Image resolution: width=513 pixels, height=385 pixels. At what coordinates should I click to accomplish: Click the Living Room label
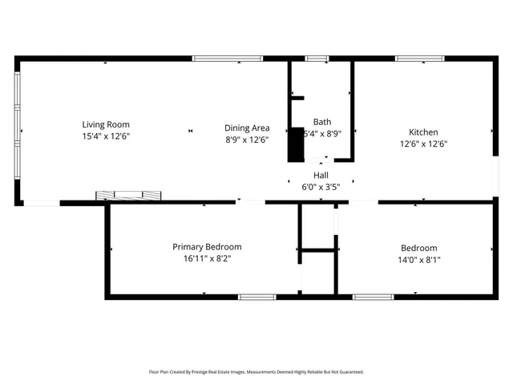pyautogui.click(x=106, y=124)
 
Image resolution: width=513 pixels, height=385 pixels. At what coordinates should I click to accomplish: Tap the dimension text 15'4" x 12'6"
pyautogui.click(x=106, y=136)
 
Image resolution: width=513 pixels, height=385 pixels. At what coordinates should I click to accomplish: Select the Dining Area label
pyautogui.click(x=246, y=128)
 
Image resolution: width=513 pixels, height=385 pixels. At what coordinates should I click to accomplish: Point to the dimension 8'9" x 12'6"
pyautogui.click(x=246, y=140)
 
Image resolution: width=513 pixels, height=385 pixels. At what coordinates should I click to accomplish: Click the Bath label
pyautogui.click(x=321, y=122)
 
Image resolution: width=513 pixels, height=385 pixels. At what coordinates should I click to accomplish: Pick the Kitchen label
pyautogui.click(x=423, y=132)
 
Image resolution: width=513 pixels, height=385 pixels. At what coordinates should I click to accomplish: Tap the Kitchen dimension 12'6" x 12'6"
pyautogui.click(x=423, y=144)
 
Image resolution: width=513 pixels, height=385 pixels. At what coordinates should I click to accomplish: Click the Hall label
pyautogui.click(x=321, y=175)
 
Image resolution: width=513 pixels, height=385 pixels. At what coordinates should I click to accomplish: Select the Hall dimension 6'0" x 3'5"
pyautogui.click(x=321, y=187)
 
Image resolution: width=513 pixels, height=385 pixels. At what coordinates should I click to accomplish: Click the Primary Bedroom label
pyautogui.click(x=207, y=247)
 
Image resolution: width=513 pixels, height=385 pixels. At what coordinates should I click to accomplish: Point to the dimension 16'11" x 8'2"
pyautogui.click(x=207, y=259)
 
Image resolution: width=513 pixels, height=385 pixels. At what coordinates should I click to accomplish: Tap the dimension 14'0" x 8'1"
pyautogui.click(x=419, y=260)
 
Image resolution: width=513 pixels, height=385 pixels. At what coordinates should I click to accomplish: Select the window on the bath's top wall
pyautogui.click(x=317, y=59)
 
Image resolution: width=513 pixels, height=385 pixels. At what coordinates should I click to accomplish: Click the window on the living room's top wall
pyautogui.click(x=215, y=59)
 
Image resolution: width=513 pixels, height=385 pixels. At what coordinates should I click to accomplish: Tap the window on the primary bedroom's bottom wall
pyautogui.click(x=257, y=297)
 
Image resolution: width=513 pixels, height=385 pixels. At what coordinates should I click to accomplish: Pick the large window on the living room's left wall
pyautogui.click(x=17, y=128)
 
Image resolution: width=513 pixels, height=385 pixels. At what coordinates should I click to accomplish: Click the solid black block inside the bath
pyautogui.click(x=297, y=140)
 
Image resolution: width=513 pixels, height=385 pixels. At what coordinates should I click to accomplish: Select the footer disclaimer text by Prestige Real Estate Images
pyautogui.click(x=256, y=372)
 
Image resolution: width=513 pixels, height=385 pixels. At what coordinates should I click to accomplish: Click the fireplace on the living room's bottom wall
pyautogui.click(x=129, y=195)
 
